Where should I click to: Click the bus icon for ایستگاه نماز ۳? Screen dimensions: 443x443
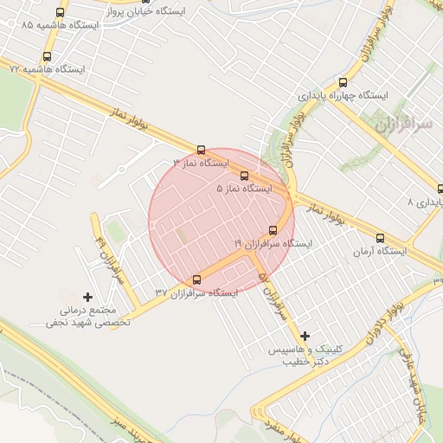click(202, 150)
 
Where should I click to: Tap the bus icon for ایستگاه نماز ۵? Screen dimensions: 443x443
click(244, 176)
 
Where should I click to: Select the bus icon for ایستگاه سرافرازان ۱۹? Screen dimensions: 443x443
click(273, 230)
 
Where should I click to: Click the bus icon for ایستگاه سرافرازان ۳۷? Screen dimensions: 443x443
click(196, 279)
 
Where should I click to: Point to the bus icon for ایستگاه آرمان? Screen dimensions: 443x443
click(380, 238)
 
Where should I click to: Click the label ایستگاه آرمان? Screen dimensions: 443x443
click(380, 251)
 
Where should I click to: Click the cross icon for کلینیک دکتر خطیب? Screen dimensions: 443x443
click(305, 335)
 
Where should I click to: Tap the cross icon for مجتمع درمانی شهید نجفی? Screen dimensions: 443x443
click(87, 297)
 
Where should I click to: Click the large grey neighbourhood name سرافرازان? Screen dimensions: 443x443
click(404, 125)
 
